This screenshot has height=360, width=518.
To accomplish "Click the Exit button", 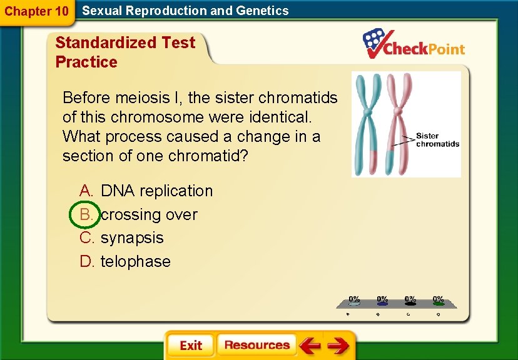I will (x=190, y=346).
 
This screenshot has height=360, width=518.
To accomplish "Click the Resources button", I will (x=256, y=345).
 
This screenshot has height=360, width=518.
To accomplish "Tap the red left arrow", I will (x=310, y=346).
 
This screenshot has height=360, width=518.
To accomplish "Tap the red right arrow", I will (x=338, y=346).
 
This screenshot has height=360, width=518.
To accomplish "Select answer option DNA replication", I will (x=156, y=191).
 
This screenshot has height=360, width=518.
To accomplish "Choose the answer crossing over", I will (x=149, y=214).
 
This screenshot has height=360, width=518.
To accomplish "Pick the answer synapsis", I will (x=132, y=238).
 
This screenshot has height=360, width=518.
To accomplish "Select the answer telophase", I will (x=135, y=262).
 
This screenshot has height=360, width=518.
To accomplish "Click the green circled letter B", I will (x=86, y=214).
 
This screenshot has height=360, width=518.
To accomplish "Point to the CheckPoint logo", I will (x=414, y=44).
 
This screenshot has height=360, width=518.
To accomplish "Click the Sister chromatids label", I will (x=437, y=139).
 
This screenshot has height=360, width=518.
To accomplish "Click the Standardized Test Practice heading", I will (x=125, y=52).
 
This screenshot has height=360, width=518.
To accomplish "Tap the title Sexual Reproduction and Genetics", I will (x=185, y=11).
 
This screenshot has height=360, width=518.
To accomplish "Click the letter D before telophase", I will (x=86, y=262).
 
